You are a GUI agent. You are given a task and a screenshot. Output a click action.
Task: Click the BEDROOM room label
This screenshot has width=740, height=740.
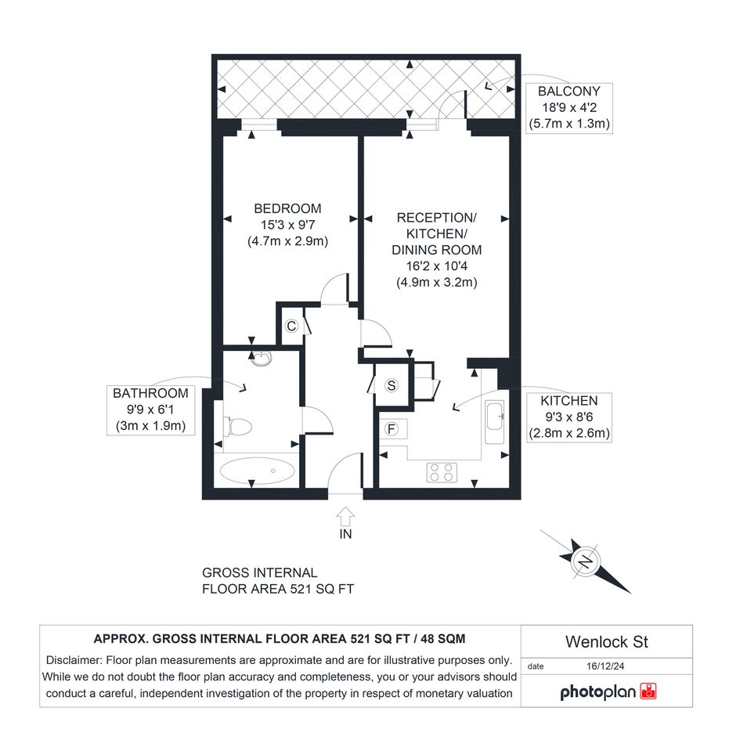click(287, 208)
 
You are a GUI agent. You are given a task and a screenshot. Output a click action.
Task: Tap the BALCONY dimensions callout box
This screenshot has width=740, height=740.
click(569, 108)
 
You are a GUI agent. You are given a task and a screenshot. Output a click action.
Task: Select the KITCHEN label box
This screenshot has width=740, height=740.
click(569, 417)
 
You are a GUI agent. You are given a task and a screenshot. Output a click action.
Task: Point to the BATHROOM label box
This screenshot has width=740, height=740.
click(150, 410)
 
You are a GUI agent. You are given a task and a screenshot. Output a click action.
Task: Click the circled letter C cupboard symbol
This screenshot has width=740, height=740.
click(291, 326)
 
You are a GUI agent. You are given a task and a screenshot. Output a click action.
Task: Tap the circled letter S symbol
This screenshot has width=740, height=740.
click(392, 385)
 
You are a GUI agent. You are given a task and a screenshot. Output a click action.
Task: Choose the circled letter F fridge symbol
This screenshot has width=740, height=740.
click(392, 429)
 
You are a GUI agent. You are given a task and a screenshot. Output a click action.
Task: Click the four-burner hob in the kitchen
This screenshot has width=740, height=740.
click(442, 472)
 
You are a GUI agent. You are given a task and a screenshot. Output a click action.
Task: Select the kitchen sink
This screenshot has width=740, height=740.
click(495, 421)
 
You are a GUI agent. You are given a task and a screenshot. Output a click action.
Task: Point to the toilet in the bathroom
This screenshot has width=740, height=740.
click(238, 427)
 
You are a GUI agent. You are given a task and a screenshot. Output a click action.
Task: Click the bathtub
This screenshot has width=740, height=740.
click(257, 471)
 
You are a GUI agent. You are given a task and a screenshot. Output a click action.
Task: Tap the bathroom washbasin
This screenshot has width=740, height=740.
click(261, 359)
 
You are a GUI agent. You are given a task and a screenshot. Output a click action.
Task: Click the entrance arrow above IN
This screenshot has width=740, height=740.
click(345, 516)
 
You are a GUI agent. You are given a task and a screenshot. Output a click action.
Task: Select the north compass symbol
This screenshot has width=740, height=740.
click(586, 561)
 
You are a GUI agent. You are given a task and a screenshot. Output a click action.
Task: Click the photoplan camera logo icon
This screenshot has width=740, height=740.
click(648, 691)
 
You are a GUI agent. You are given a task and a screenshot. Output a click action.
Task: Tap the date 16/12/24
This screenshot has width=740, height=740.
click(605, 666)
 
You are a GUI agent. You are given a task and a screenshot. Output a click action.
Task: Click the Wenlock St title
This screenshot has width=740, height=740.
click(606, 642)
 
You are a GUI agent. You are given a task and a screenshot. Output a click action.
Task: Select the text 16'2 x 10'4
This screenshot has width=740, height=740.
click(436, 266)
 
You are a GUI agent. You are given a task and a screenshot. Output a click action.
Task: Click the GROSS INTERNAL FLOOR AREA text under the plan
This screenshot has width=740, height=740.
click(278, 581)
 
